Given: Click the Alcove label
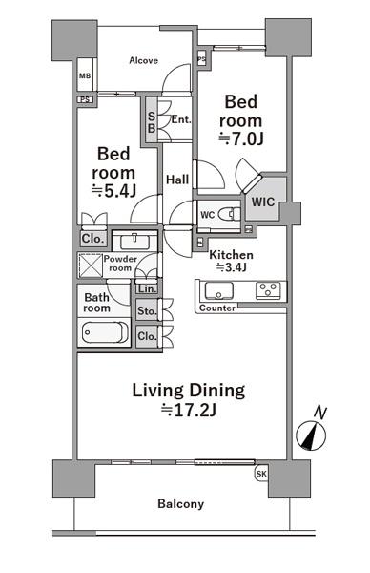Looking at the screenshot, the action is pyautogui.click(x=143, y=60).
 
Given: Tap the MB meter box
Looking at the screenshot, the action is pyautogui.click(x=85, y=75).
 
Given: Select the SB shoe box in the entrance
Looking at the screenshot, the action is pyautogui.click(x=151, y=120).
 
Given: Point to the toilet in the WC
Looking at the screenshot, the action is pyautogui.click(x=230, y=214).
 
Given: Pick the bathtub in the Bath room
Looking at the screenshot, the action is pyautogui.click(x=105, y=332).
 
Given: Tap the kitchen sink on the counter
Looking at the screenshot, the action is pyautogui.click(x=219, y=291).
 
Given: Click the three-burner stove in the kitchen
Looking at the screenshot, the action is pyautogui.click(x=268, y=290).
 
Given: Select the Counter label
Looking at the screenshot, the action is pyautogui.click(x=217, y=308).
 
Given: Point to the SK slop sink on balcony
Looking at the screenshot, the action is pyautogui.click(x=261, y=474).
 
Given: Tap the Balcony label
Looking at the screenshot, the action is pyautogui.click(x=180, y=504).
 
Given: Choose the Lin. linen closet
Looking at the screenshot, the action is pyautogui.click(x=147, y=288).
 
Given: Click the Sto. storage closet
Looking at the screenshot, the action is pyautogui.click(x=147, y=310).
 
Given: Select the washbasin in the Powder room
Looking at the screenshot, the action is pyautogui.click(x=134, y=242).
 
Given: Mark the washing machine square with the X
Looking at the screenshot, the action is pyautogui.click(x=91, y=265).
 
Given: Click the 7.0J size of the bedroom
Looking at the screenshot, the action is pyautogui.click(x=241, y=138).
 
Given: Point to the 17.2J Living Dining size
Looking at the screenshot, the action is pyautogui.click(x=189, y=411).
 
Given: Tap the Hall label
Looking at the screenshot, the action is pyautogui.click(x=177, y=180).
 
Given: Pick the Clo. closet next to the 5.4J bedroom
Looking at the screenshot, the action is pyautogui.click(x=93, y=239).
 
